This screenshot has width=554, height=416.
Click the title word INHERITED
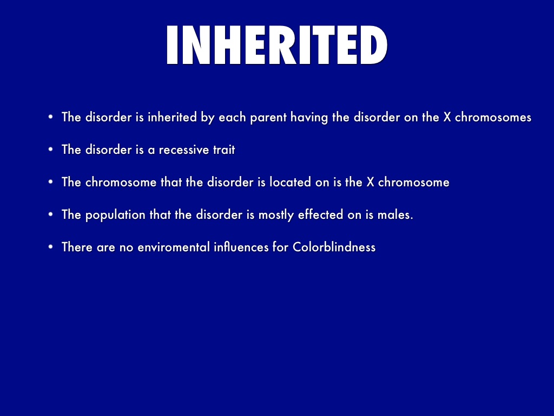pyautogui.click(x=277, y=45)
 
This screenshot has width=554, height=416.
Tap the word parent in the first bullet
pyautogui.click(x=268, y=118)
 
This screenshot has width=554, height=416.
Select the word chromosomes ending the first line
pyautogui.click(x=493, y=117)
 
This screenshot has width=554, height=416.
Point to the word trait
pyautogui.click(x=224, y=149)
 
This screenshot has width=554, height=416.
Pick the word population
pyautogui.click(x=115, y=215)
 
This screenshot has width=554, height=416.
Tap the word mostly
pyautogui.click(x=276, y=215)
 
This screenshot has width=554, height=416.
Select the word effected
pyautogui.click(x=320, y=214)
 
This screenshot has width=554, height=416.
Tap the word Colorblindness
pyautogui.click(x=334, y=247)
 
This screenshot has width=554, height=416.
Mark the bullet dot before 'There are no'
pyautogui.click(x=50, y=246)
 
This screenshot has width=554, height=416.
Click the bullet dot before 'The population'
pyautogui.click(x=50, y=214)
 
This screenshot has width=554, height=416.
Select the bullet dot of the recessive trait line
pyautogui.click(x=50, y=149)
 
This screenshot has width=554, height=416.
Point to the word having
pyautogui.click(x=309, y=118)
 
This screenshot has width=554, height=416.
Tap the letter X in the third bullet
pyautogui.click(x=370, y=182)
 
